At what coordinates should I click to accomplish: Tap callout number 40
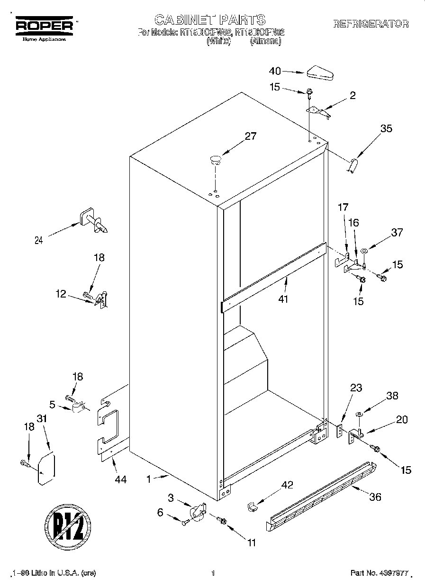(275, 71)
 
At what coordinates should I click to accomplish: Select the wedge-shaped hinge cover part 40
(320, 73)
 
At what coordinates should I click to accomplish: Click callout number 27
(250, 136)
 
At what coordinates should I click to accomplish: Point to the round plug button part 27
(216, 160)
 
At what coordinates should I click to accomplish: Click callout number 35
(386, 128)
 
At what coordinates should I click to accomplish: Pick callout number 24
(39, 240)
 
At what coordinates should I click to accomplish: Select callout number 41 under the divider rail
(283, 299)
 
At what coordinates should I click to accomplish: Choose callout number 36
(374, 497)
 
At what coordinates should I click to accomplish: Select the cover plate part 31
(46, 469)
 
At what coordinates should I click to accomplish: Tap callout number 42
(287, 485)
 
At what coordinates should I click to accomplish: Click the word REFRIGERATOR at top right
(371, 24)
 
